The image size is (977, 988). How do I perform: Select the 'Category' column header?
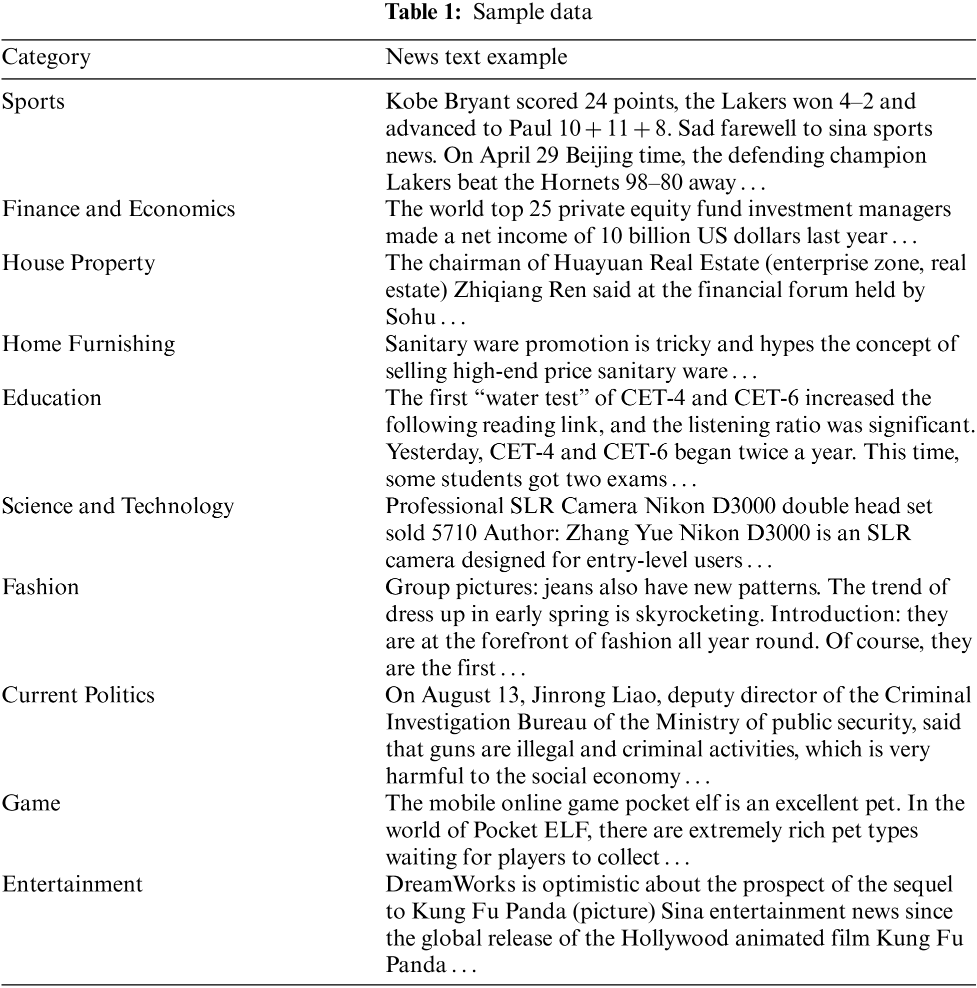pyautogui.click(x=46, y=57)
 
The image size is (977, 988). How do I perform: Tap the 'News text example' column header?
pyautogui.click(x=476, y=57)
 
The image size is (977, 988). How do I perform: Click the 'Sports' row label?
pyautogui.click(x=33, y=101)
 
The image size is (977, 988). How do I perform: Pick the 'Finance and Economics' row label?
pyautogui.click(x=118, y=209)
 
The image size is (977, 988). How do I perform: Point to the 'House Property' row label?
pyautogui.click(x=78, y=263)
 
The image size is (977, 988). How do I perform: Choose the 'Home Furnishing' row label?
pyautogui.click(x=88, y=344)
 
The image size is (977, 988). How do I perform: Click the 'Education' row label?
pyautogui.click(x=51, y=398)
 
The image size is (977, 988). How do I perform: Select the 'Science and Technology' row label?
pyautogui.click(x=117, y=506)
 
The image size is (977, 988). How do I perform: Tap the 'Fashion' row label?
pyautogui.click(x=40, y=587)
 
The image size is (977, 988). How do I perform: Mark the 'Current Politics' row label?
pyautogui.click(x=77, y=695)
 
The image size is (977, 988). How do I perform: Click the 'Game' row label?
pyautogui.click(x=31, y=803)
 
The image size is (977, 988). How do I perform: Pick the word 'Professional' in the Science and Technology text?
pyautogui.click(x=444, y=506)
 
